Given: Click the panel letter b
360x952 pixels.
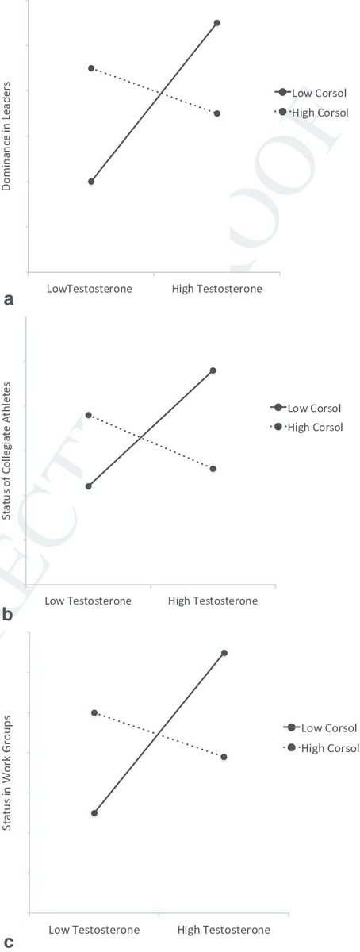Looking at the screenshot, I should tap(8, 612).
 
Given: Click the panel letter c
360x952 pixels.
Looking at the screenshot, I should tap(8, 942).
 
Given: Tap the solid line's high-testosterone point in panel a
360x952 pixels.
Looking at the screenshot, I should tap(217, 23).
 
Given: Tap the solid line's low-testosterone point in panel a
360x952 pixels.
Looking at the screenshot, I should tap(91, 182).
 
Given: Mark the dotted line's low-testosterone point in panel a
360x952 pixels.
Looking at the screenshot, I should tap(91, 68).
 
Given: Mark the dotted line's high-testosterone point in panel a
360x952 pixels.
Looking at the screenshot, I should tap(217, 113).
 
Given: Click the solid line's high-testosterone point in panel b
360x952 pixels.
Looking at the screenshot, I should tap(213, 370).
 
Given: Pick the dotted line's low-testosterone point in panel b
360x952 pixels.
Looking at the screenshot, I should tap(89, 415).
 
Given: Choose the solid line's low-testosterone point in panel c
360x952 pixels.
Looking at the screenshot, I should tap(94, 813).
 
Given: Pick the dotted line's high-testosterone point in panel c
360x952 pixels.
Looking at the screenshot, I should tap(224, 757).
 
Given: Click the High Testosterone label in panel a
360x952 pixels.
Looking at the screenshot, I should tap(216, 289).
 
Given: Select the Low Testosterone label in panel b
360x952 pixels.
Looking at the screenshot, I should tap(88, 601).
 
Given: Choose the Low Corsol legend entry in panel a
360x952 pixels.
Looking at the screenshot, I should tap(311, 93).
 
